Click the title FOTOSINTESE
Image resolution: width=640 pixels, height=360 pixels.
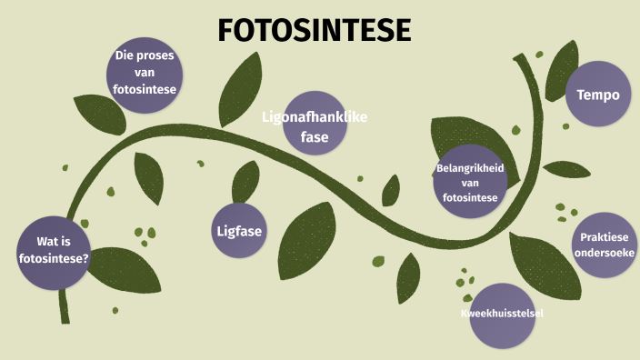315,31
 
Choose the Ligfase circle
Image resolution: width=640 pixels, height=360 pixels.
239,230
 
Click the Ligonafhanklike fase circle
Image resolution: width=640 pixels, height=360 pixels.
315,124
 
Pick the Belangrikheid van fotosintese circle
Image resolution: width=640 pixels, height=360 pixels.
469,181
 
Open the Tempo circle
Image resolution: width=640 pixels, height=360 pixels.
598,94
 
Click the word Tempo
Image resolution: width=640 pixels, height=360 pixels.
598,95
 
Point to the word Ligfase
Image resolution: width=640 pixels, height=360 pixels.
239,230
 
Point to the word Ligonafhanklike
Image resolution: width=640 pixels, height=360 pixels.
315,116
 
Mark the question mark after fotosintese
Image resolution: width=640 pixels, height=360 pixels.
85,258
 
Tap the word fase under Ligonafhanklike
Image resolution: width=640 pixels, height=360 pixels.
315,137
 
